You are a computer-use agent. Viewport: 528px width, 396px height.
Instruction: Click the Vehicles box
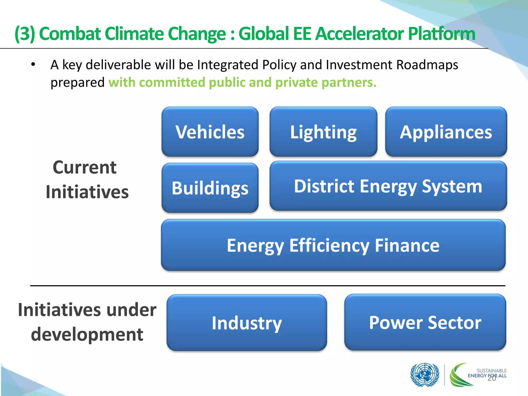(x=210, y=132)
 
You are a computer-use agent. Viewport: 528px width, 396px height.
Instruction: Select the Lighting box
(x=323, y=132)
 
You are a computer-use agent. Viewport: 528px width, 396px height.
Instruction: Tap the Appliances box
(x=446, y=132)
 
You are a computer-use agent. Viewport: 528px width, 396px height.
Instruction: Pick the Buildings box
(x=210, y=188)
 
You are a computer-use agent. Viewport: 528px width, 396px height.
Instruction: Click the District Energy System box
(x=388, y=186)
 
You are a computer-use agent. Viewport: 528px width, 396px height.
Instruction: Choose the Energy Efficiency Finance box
(x=333, y=245)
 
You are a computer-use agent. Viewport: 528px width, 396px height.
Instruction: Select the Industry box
(x=247, y=323)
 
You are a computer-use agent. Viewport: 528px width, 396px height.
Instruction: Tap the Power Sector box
(x=425, y=322)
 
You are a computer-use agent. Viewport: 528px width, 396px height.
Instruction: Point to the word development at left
(x=87, y=334)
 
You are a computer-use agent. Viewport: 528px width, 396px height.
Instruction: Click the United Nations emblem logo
(x=425, y=375)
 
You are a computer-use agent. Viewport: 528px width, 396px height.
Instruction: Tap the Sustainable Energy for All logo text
(x=487, y=373)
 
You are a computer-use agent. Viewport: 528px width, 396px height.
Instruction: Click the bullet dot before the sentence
(x=33, y=64)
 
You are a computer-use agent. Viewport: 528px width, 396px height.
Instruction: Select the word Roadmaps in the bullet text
(x=427, y=64)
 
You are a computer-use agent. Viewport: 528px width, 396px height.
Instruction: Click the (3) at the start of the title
(x=25, y=34)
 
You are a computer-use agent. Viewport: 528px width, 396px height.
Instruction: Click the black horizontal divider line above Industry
(x=268, y=286)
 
